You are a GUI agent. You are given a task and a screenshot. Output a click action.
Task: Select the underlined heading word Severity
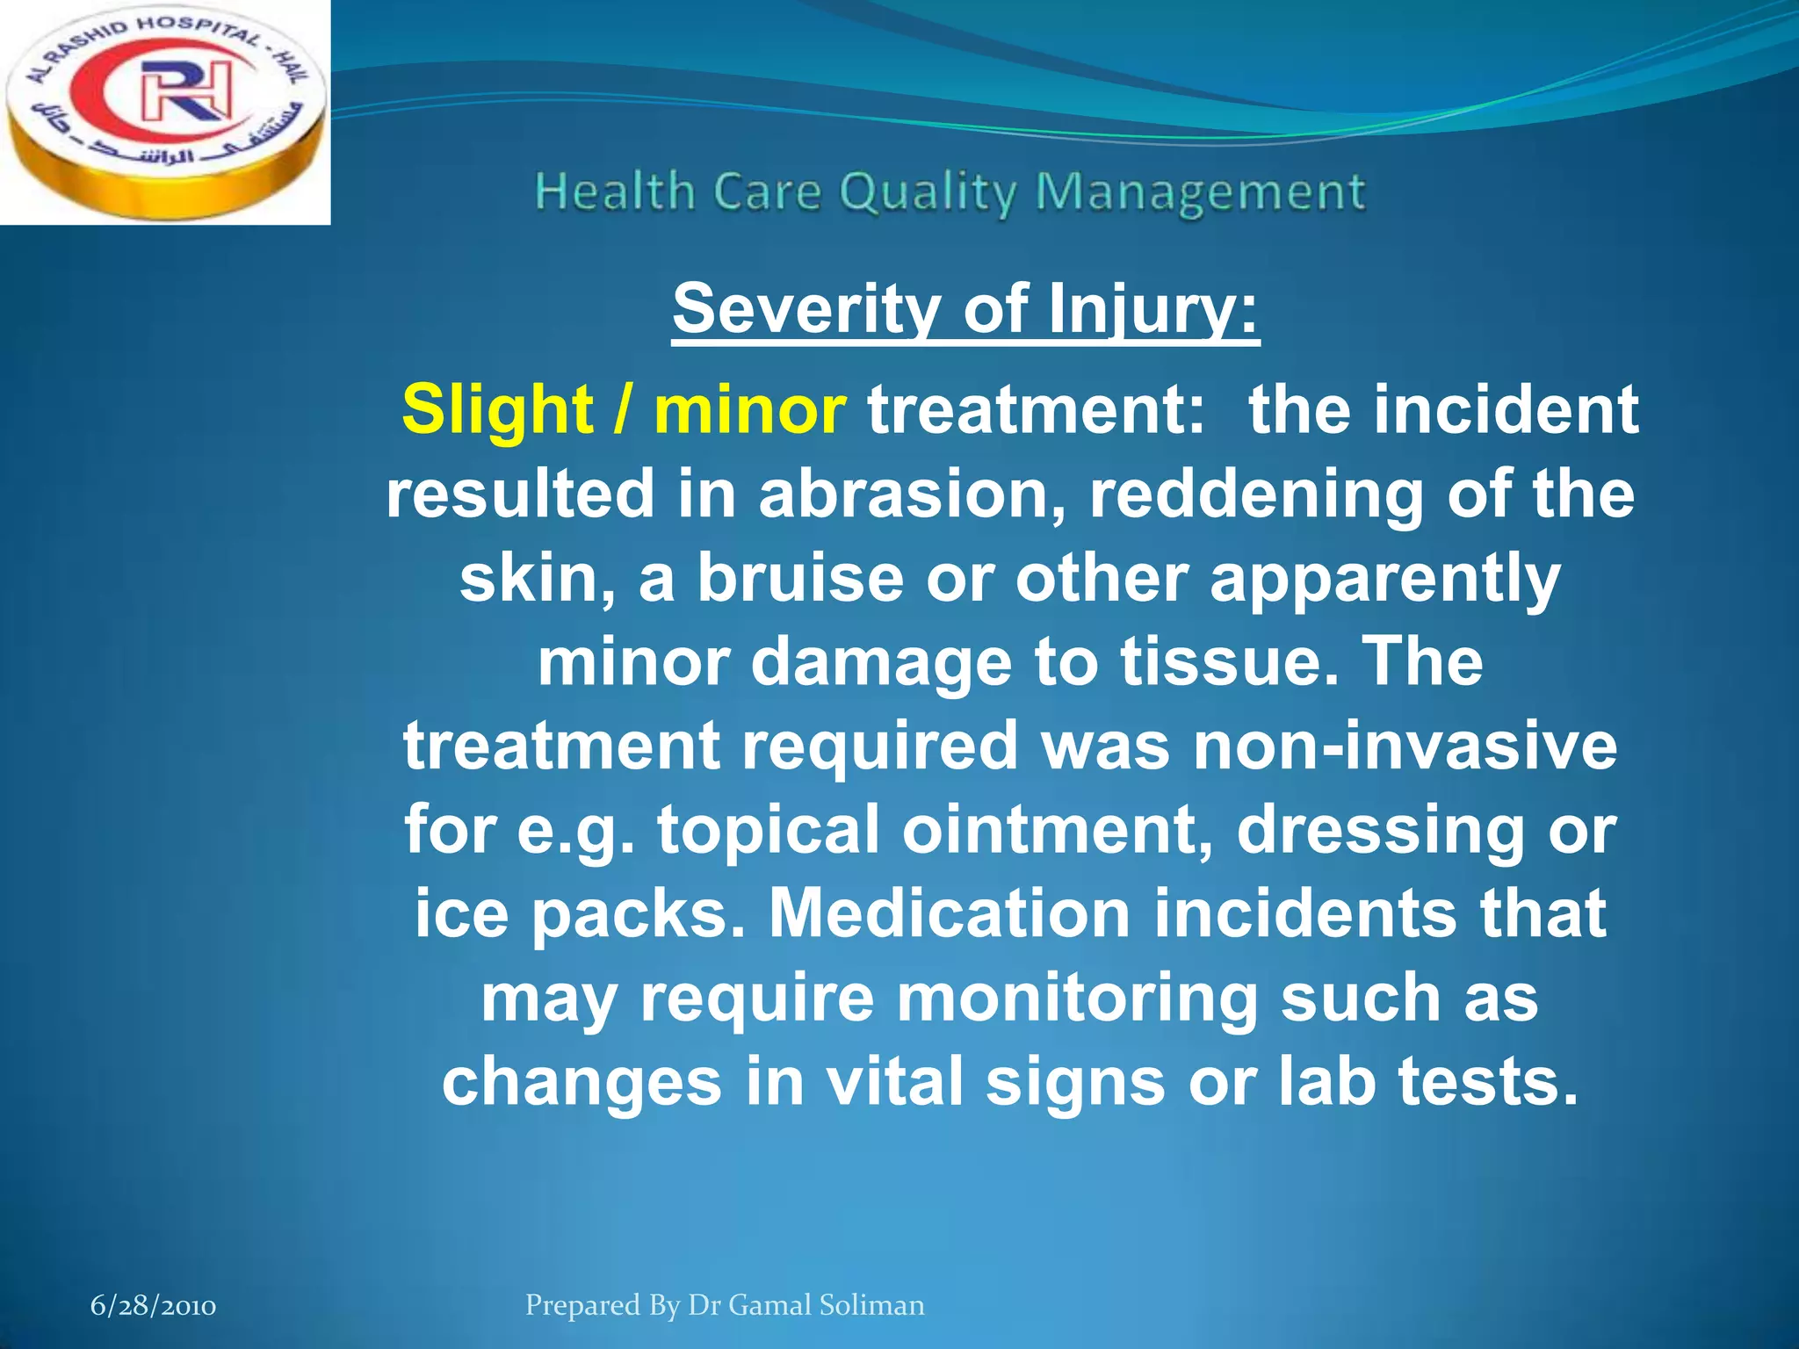click(x=806, y=309)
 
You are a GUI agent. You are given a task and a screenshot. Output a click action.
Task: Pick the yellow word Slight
click(x=497, y=410)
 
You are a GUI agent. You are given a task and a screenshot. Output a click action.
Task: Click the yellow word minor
click(x=749, y=410)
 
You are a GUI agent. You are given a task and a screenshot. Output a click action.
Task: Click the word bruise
click(x=800, y=578)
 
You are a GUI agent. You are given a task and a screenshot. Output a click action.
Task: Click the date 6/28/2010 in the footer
click(x=154, y=1306)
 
